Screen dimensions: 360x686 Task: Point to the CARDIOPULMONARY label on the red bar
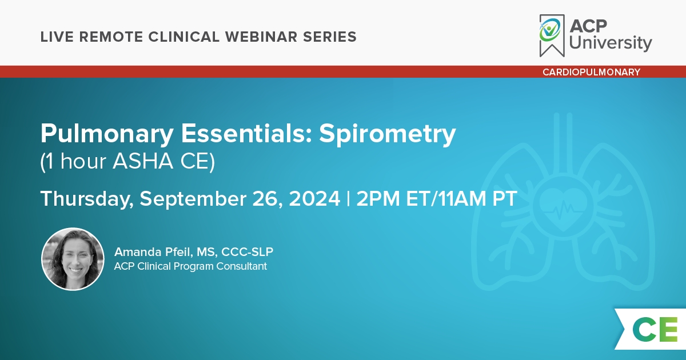(x=591, y=72)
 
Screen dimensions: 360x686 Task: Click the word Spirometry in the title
(x=387, y=134)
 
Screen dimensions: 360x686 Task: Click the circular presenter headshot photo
(x=73, y=259)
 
